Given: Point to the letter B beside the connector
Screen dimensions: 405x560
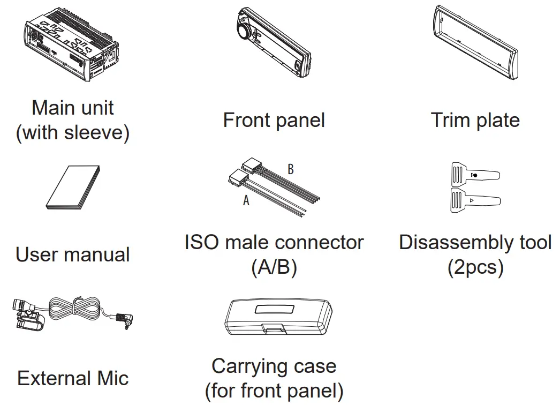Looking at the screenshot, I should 291,170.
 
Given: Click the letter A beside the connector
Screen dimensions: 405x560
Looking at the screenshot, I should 246,201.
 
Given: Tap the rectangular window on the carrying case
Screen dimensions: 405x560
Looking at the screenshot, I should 274,310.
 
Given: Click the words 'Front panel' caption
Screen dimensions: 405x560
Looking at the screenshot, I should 274,120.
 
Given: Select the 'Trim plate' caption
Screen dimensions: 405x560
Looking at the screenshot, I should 475,120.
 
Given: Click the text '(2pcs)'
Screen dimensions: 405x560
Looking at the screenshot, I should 475,267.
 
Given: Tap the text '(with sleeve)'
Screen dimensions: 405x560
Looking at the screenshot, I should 73,132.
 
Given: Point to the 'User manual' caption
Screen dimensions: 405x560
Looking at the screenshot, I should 73,254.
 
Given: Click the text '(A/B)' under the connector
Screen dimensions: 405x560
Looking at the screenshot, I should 274,267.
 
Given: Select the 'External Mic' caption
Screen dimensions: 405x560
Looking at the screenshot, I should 73,379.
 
